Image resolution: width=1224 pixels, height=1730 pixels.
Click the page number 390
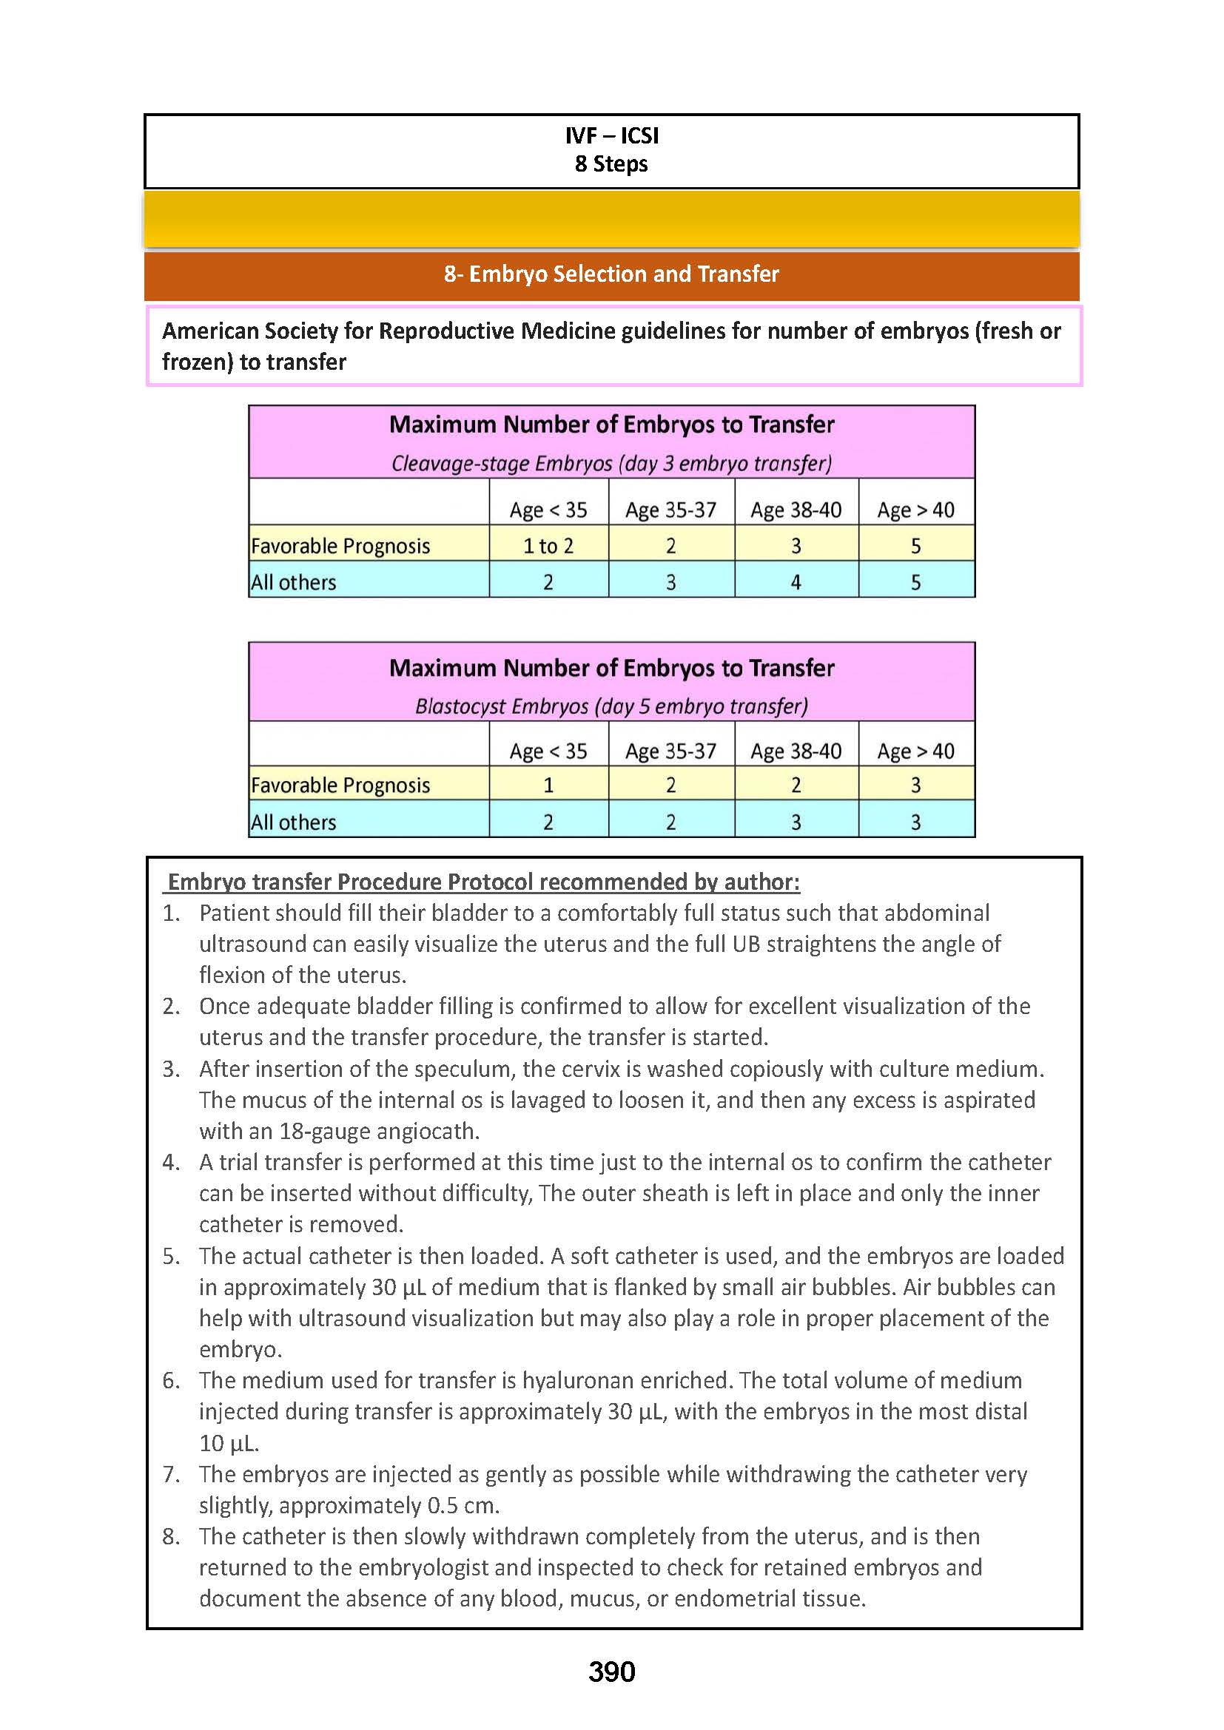click(611, 1672)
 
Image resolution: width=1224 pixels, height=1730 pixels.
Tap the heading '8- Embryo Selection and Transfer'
click(611, 274)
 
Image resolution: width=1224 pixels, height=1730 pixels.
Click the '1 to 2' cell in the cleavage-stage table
click(548, 546)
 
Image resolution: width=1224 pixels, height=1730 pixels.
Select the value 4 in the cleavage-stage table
click(796, 582)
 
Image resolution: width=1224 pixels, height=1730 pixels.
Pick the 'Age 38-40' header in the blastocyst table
click(796, 751)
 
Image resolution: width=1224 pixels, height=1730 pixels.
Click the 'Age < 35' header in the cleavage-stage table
click(548, 510)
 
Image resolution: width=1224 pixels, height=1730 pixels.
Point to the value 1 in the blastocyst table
click(548, 785)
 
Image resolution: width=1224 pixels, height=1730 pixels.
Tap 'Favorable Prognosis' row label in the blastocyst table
click(340, 785)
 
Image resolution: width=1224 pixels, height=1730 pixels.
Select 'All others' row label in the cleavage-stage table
click(294, 582)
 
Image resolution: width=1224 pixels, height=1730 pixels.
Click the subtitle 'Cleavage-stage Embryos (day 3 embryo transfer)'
click(611, 464)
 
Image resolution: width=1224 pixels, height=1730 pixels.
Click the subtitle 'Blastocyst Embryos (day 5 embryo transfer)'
click(611, 706)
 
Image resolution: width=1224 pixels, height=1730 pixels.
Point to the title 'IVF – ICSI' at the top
click(611, 135)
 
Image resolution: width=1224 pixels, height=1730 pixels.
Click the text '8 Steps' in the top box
click(611, 164)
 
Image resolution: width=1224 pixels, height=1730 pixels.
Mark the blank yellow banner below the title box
click(611, 219)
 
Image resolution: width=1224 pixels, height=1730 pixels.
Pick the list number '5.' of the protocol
click(171, 1256)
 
